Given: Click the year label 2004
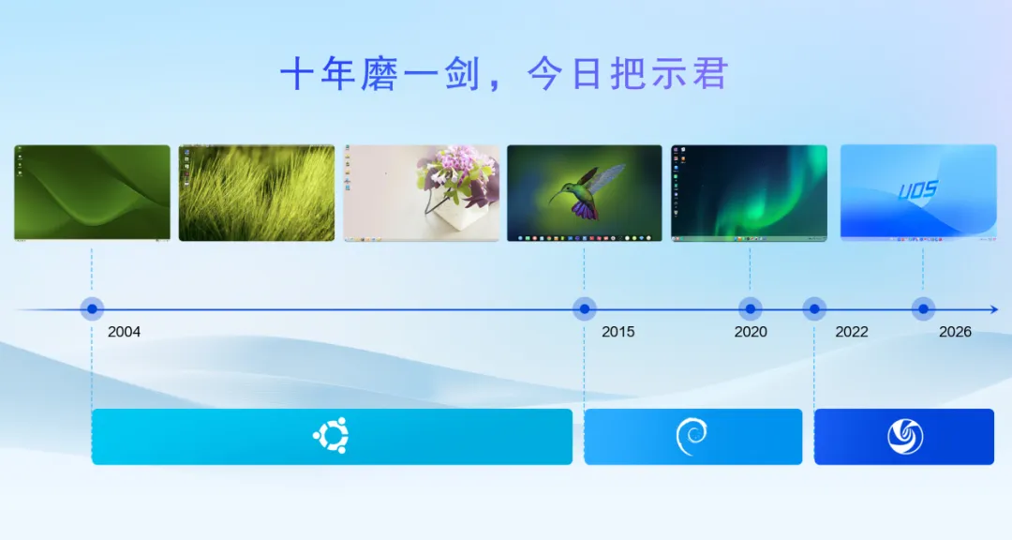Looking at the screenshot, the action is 124,331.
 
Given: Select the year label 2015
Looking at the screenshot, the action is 618,331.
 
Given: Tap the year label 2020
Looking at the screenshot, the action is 751,331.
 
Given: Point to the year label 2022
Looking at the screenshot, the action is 852,331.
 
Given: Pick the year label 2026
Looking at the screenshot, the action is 955,331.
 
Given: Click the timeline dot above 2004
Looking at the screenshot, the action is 92,309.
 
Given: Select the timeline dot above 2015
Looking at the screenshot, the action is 584,309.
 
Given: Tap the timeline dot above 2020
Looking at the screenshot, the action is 750,309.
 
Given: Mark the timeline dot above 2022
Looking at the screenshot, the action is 814,309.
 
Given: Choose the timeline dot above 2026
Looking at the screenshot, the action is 923,309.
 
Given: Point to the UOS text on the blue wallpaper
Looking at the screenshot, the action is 917,190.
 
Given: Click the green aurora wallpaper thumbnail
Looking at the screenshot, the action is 749,193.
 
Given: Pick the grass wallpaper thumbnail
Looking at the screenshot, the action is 257,193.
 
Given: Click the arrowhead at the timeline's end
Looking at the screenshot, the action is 994,309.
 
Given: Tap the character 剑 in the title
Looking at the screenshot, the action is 461,73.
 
